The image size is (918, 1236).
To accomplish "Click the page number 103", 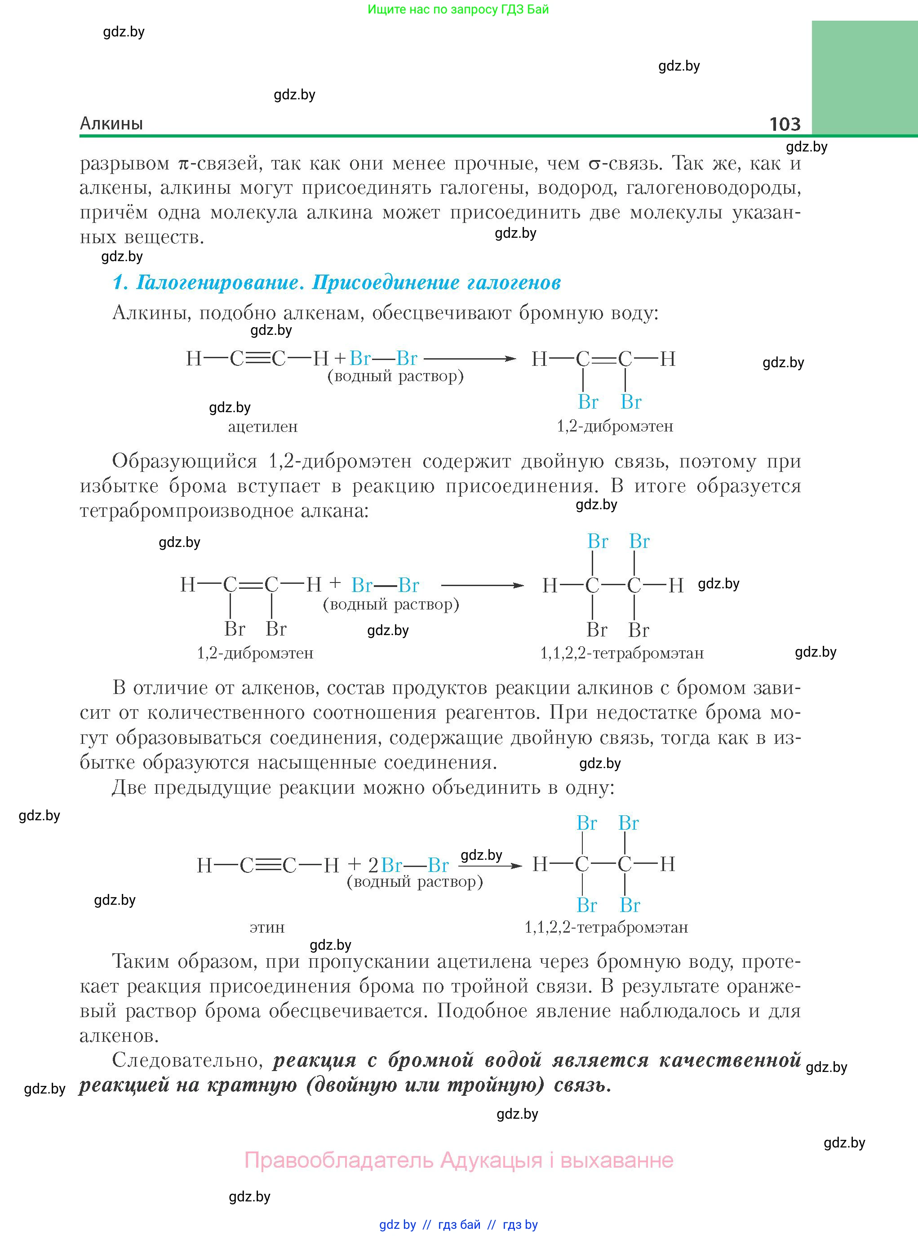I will click(785, 124).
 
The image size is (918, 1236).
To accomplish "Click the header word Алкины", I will click(111, 124).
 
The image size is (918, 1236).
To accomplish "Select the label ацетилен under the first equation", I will click(263, 427).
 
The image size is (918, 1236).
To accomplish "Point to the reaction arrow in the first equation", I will click(470, 359).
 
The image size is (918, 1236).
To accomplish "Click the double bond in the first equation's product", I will click(603, 359).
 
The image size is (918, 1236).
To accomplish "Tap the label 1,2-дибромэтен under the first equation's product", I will click(615, 426).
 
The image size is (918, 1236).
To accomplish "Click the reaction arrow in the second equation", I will click(482, 585).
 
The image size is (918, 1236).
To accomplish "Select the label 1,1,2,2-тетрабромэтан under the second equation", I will click(622, 653).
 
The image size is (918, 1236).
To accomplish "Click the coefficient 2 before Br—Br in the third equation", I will click(373, 865).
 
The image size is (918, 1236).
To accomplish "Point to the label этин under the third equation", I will click(267, 928).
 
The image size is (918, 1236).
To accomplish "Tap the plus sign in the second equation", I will click(335, 583).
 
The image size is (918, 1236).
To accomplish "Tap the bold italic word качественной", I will click(730, 1060).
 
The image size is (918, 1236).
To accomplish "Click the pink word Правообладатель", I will click(339, 1160).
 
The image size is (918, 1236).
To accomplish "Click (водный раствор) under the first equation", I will click(396, 376).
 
